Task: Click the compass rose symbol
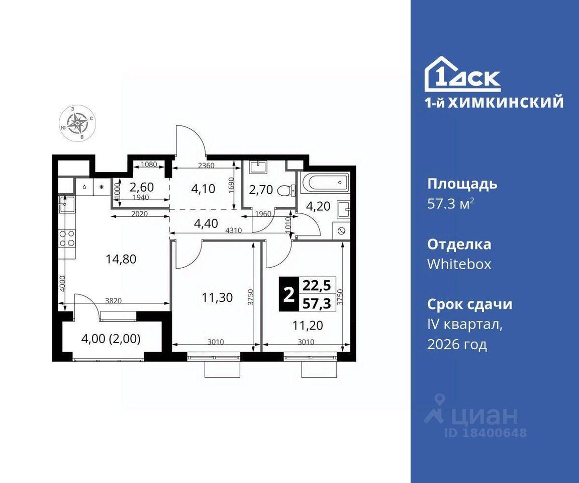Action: [77, 123]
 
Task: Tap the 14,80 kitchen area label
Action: [121, 259]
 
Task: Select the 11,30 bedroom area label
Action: [217, 297]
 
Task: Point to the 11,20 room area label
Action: [308, 325]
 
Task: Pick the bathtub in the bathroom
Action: [324, 182]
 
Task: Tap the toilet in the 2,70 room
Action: [286, 191]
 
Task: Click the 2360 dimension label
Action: [206, 165]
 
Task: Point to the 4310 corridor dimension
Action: [233, 230]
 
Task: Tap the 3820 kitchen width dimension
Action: [114, 301]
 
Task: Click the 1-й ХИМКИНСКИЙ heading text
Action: [494, 103]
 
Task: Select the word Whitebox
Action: [459, 264]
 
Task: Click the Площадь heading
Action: [462, 184]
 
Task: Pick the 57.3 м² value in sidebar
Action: [450, 204]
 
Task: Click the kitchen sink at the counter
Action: [67, 204]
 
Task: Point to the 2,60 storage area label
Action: [141, 187]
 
